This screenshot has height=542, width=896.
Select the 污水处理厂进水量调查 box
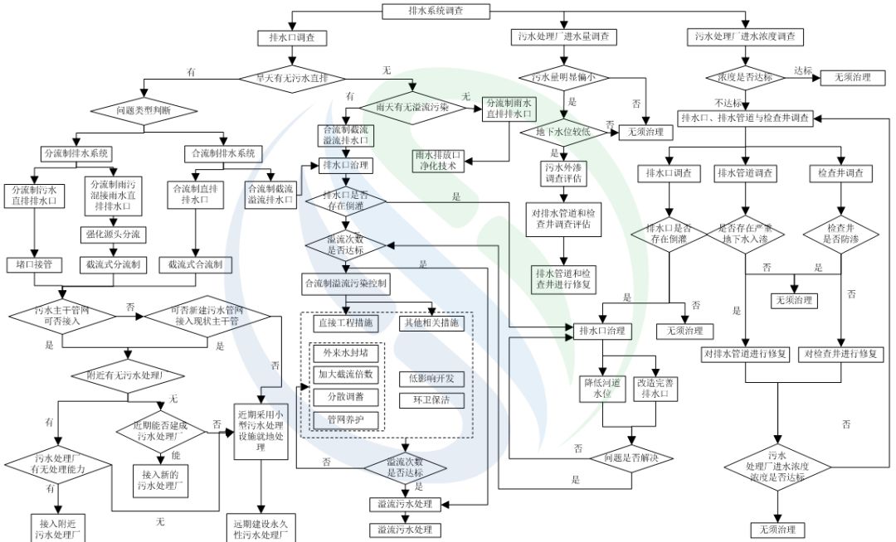coord(563,36)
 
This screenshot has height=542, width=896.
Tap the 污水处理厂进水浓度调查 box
coord(744,36)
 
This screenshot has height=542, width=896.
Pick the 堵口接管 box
coord(34,264)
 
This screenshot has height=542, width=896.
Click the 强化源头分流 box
coord(113,235)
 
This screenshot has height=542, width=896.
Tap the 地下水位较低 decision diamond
coord(563,131)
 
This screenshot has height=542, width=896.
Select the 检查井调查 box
coord(840,173)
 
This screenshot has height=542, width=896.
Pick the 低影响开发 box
coord(431,379)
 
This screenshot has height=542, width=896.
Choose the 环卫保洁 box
coord(431,399)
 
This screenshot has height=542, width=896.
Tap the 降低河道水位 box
coord(601,389)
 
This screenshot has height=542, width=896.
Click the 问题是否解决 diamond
coord(631,457)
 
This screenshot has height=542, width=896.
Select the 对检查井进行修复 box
coord(844,354)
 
